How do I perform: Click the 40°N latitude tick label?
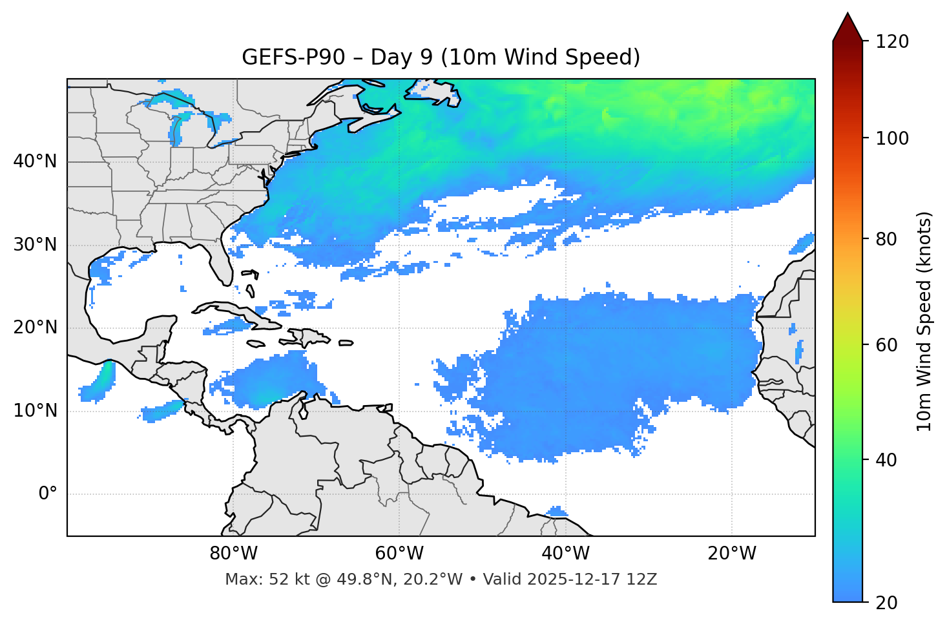point(35,162)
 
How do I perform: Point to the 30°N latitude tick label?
point(35,245)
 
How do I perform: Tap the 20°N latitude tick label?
point(35,328)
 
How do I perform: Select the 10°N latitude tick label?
point(35,411)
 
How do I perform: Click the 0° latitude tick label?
point(48,494)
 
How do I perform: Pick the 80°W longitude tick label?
point(233,554)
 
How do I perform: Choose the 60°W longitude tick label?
point(399,554)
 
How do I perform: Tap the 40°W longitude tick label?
point(565,554)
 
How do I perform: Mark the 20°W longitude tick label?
point(731,554)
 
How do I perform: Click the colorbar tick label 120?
point(892,42)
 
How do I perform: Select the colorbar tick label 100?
point(892,138)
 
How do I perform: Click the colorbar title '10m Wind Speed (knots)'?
point(924,321)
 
